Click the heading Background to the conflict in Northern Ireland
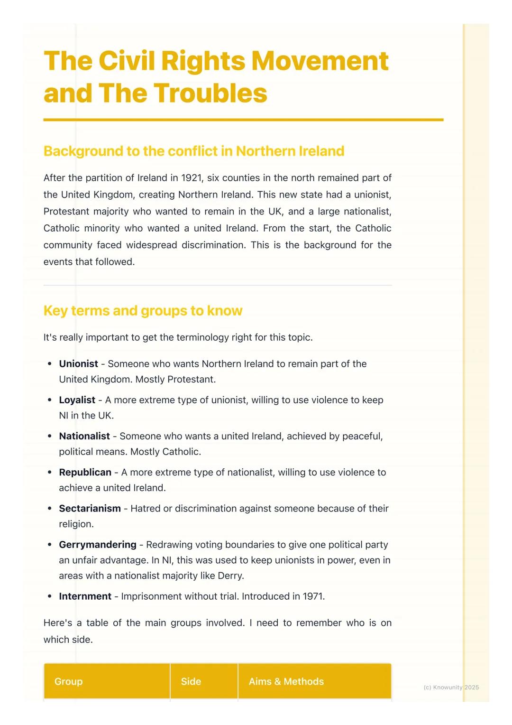coord(193,151)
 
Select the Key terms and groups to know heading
coord(143,310)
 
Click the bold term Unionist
coord(78,364)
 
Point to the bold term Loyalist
coord(77,400)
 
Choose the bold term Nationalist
coord(84,436)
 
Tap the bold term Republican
coord(85,472)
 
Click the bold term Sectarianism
coord(90,508)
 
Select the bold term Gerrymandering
coord(97,545)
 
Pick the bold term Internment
coord(85,596)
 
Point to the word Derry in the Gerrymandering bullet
coord(230,576)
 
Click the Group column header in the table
coord(68,681)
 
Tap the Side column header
coord(191,681)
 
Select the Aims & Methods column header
coord(286,681)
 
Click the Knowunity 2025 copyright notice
coord(451,687)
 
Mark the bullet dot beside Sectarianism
coord(50,509)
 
